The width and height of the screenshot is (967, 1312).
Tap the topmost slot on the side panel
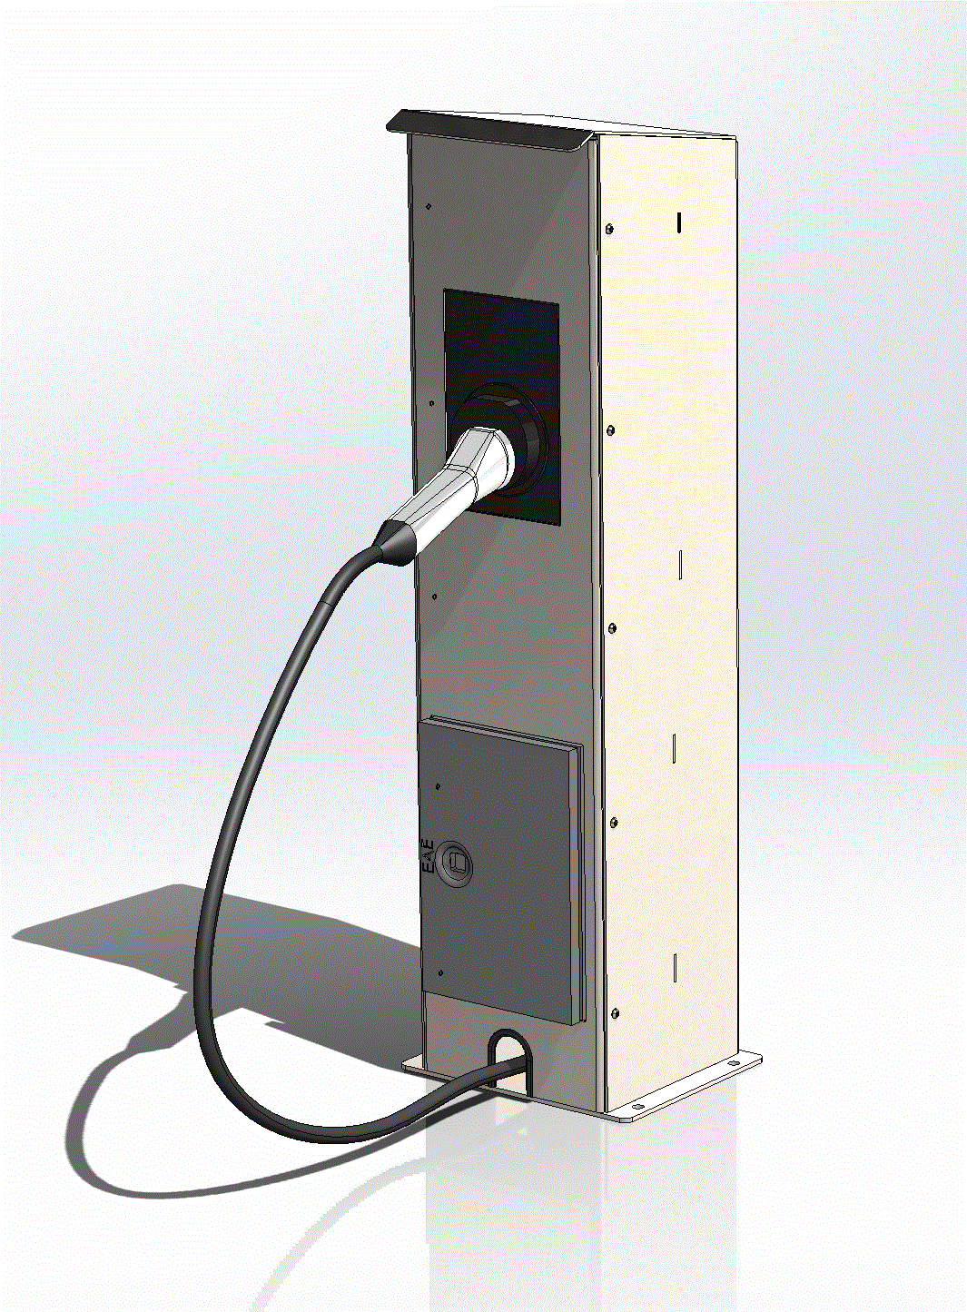coord(679,221)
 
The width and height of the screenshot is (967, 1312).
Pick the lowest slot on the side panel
coord(676,969)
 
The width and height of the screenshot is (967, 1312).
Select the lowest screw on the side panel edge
coord(617,1012)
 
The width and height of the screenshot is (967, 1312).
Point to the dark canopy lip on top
coord(490,129)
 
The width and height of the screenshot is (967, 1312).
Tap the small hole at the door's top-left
coord(439,786)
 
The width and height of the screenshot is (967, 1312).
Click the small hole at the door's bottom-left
coord(441,973)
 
